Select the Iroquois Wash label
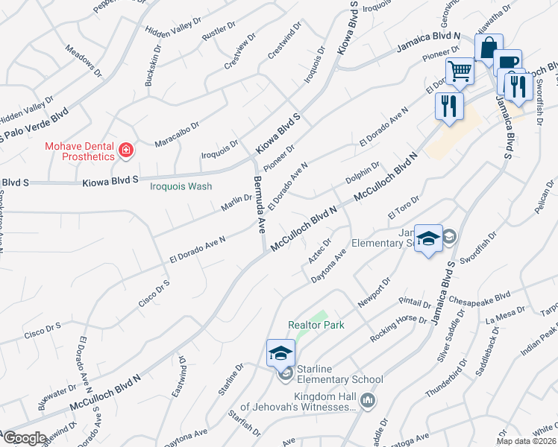coord(181,187)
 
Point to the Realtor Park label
coord(316,326)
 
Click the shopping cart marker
coord(460,72)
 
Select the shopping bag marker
coord(488,48)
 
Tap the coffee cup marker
coord(507,63)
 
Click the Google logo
coord(25,438)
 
